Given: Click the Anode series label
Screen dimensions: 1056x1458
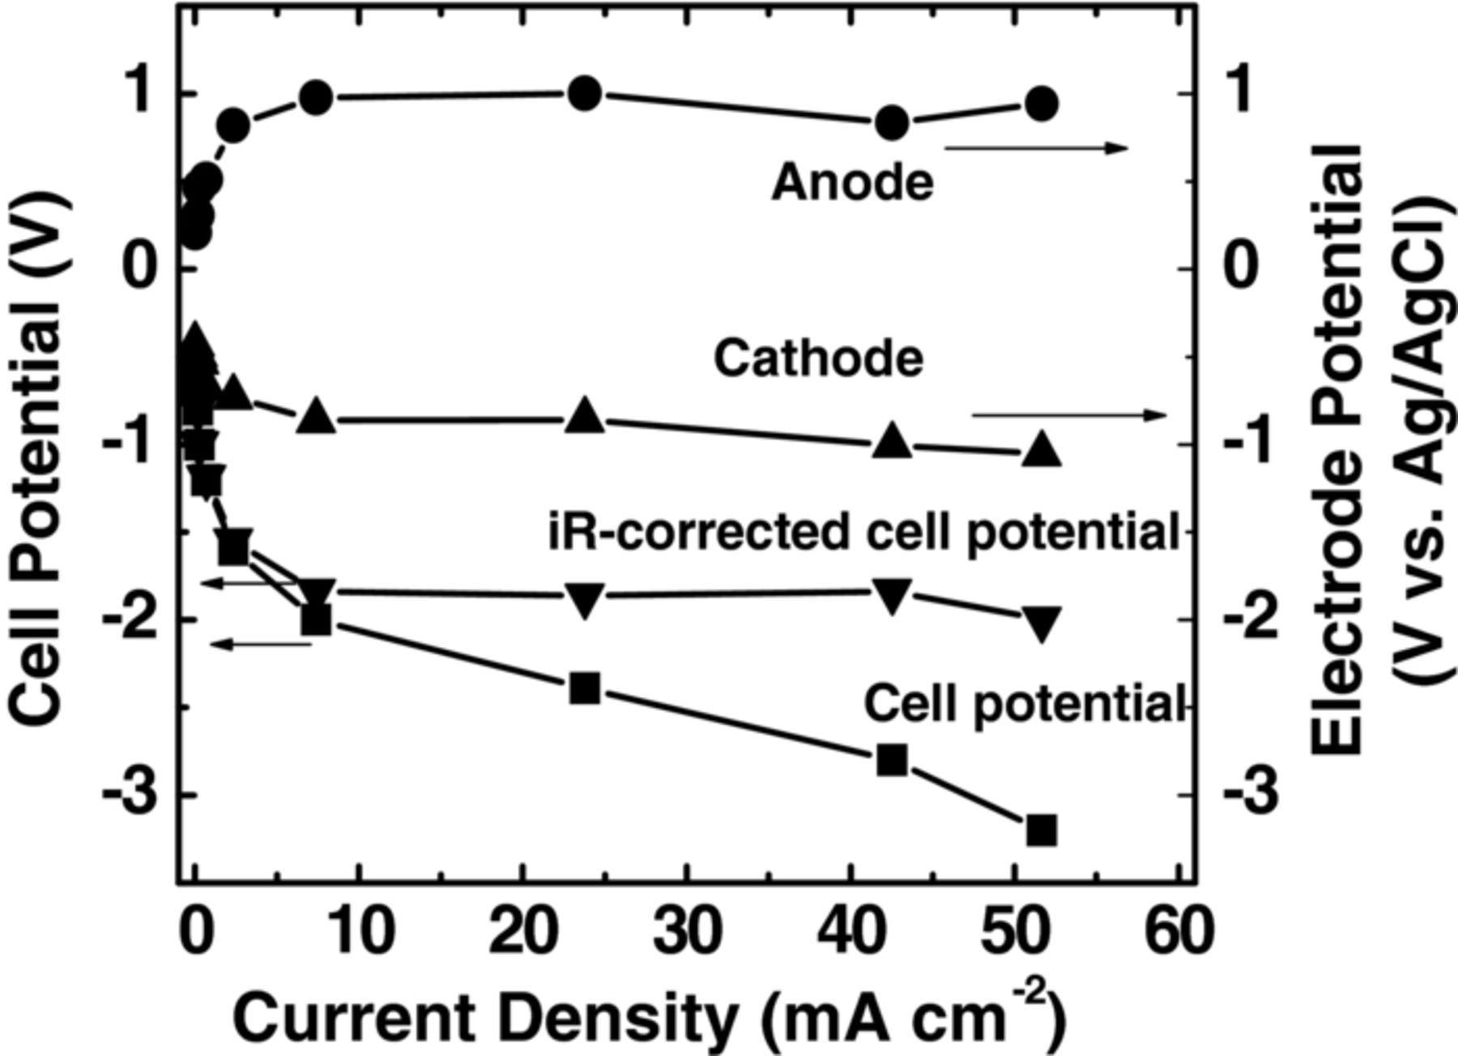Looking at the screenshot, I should pos(852,183).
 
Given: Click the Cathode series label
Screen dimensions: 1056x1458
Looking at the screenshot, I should pos(818,358).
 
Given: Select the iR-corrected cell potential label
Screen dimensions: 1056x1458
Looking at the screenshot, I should pos(863,533).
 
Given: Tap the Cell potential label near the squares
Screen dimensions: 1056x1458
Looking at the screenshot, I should pos(1024,703).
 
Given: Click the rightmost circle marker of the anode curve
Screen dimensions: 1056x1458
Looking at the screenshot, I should pos(1042,104).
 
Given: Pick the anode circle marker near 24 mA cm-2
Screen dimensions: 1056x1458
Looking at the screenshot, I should pos(585,94).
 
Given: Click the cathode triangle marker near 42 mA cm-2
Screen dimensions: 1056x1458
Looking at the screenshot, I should pos(892,439).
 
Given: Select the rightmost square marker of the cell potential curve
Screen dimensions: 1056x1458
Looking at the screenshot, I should pos(1042,830).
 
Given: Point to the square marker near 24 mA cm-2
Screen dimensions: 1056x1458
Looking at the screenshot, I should pos(585,688).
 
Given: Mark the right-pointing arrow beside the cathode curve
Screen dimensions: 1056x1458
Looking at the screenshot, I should pos(1069,415).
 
